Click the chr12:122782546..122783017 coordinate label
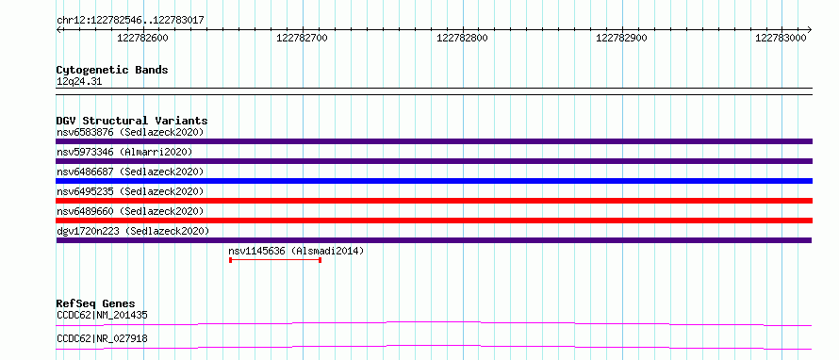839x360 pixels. point(130,21)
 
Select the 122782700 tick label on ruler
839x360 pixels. point(303,38)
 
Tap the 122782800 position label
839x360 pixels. point(462,38)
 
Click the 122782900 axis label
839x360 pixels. point(622,38)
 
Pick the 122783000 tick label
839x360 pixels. point(781,38)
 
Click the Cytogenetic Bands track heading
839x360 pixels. point(112,70)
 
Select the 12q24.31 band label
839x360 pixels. point(79,82)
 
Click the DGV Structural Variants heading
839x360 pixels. point(132,121)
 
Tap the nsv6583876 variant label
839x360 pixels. point(85,132)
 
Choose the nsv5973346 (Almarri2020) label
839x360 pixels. point(124,152)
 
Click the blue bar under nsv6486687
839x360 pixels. point(435,181)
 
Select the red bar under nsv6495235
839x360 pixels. point(435,201)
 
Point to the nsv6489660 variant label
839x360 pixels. point(85,211)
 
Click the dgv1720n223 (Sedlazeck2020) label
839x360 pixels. point(133,231)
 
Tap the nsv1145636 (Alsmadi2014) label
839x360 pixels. point(296,251)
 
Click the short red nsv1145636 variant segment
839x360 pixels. point(275,260)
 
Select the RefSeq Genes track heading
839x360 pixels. point(96,303)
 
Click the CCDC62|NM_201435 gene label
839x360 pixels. point(102,315)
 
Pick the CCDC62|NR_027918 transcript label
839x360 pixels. point(102,338)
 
